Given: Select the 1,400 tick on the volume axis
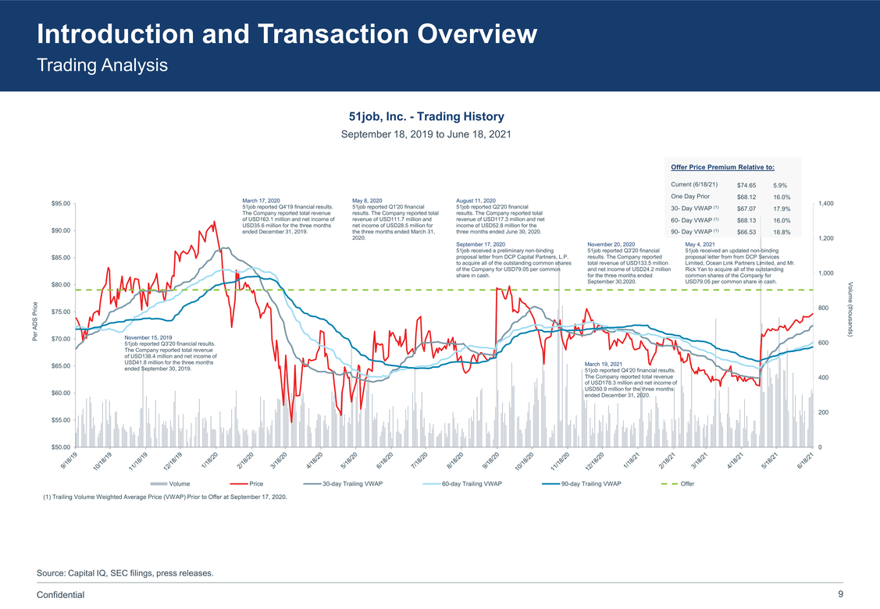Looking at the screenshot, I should (827, 204).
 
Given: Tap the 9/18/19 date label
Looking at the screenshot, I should (70, 460).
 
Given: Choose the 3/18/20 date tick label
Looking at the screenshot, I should (279, 461).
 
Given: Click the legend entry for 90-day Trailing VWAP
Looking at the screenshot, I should (590, 484).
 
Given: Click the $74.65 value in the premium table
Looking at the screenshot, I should (746, 185).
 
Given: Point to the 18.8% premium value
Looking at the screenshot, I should (782, 232).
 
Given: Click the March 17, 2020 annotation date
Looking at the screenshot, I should (262, 201).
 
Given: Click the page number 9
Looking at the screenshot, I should (840, 594).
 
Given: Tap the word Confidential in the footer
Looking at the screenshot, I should (61, 595).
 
